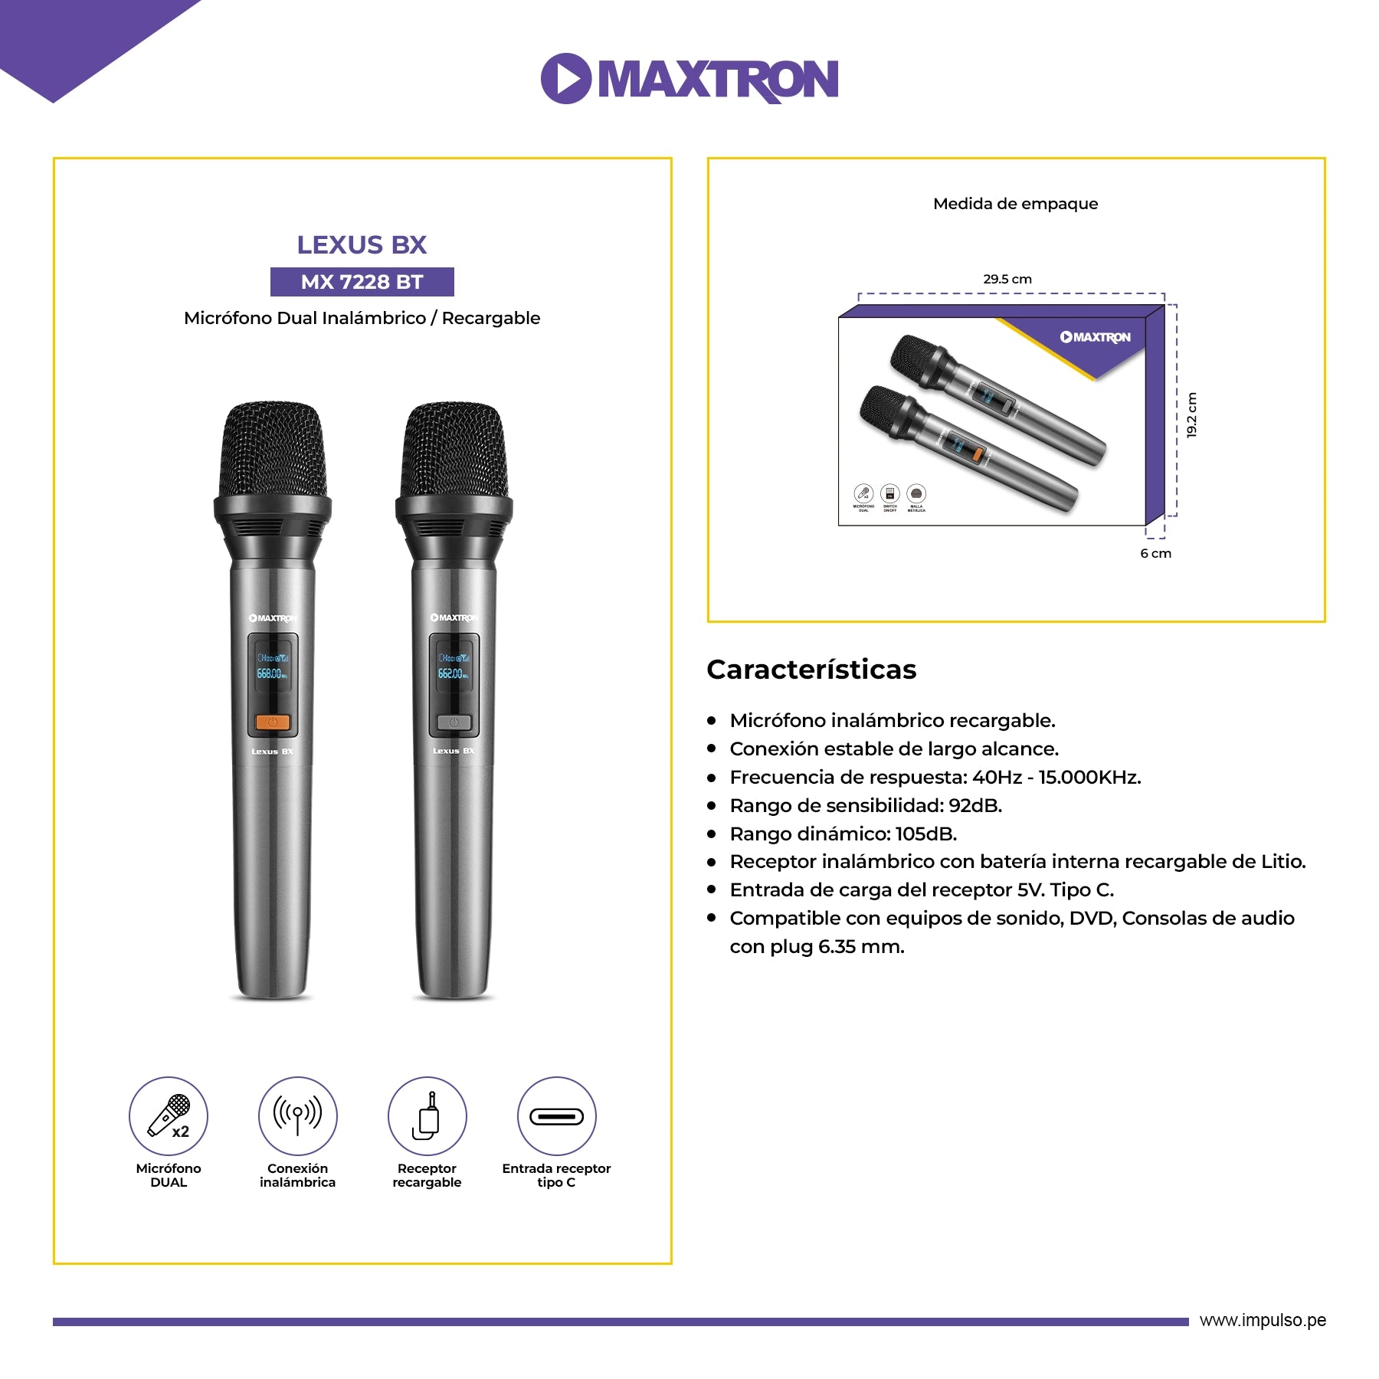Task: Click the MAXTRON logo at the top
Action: [x=689, y=78]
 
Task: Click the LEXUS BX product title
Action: [x=362, y=245]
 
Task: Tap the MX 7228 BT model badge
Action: [x=362, y=282]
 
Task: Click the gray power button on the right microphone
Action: [x=454, y=722]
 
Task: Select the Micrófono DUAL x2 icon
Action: [x=169, y=1115]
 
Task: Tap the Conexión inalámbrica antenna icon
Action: [x=297, y=1115]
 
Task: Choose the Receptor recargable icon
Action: [x=427, y=1115]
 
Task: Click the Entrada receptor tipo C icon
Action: [x=556, y=1115]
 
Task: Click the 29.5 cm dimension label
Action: [x=1007, y=279]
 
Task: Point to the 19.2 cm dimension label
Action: [x=1191, y=415]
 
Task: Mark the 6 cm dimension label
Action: [x=1155, y=553]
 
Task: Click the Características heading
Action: [x=811, y=670]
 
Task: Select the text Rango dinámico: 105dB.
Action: [x=843, y=834]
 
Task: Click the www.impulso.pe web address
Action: [x=1263, y=1320]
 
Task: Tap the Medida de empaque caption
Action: [x=1015, y=204]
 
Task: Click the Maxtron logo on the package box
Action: [x=1096, y=337]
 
